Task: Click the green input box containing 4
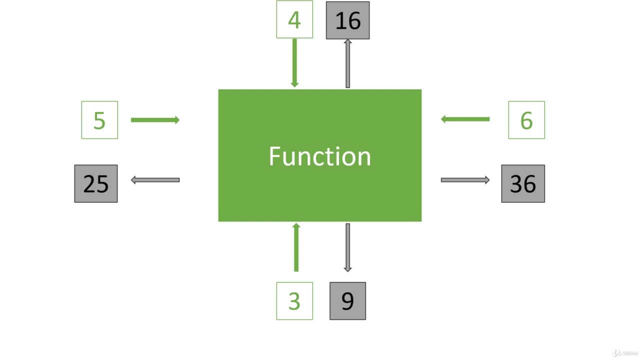coord(294,19)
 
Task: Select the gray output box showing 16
coord(347,20)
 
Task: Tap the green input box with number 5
coord(99,120)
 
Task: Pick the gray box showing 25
coord(96,183)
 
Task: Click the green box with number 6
coord(526,120)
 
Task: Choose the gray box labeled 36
coord(523,183)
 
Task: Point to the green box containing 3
coord(294,301)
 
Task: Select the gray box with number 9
coord(347,301)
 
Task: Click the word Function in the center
coord(320,156)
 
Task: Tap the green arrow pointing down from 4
coord(294,62)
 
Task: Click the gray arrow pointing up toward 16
coord(347,63)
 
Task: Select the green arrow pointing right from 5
coord(155,120)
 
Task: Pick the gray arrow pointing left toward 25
coord(155,180)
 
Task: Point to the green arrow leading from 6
coord(465,119)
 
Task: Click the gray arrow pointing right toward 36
coord(465,180)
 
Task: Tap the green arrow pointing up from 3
coord(296,247)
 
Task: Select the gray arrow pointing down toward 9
coord(347,247)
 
